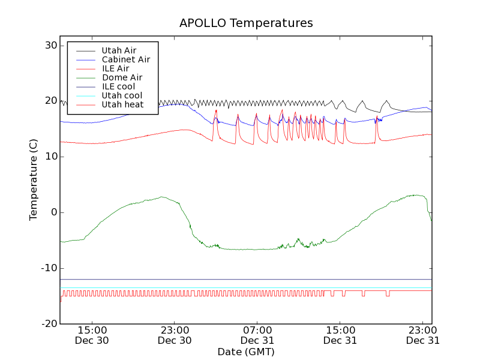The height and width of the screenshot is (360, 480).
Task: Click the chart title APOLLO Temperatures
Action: click(246, 23)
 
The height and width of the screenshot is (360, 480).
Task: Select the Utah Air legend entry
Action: click(119, 50)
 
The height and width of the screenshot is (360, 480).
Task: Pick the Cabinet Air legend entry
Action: click(125, 59)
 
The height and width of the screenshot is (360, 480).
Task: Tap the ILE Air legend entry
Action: click(115, 68)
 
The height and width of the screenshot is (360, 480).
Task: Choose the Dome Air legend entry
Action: click(122, 77)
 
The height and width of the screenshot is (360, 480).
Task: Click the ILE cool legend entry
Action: click(118, 86)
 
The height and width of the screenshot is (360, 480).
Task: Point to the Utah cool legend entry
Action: click(122, 95)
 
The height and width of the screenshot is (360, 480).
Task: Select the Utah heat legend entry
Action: click(122, 104)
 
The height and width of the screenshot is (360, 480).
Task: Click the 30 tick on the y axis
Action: click(50, 46)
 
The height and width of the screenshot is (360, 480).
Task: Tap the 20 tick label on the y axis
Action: click(50, 101)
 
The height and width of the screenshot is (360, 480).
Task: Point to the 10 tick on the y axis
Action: click(50, 157)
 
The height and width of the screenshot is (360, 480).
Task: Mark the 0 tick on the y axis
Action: click(53, 212)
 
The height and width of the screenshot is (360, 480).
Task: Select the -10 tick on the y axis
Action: click(49, 268)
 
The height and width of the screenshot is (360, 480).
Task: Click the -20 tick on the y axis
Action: click(49, 324)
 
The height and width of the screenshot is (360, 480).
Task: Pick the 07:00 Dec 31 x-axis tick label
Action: click(257, 335)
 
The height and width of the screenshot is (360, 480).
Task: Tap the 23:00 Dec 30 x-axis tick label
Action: click(174, 335)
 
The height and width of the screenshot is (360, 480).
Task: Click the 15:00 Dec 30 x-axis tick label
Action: click(92, 335)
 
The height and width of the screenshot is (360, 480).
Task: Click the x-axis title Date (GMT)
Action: click(246, 352)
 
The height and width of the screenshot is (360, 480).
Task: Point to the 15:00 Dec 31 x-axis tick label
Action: click(340, 335)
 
